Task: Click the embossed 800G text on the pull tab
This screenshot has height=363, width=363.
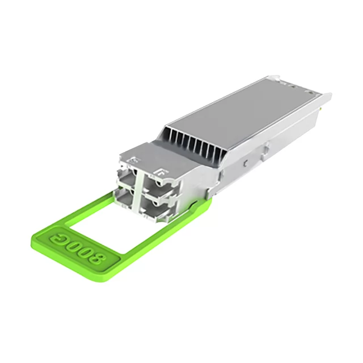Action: (77, 246)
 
